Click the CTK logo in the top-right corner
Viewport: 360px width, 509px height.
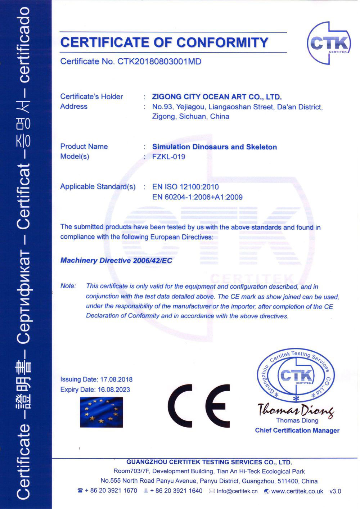click(328, 43)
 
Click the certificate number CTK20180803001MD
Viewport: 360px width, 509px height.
click(159, 62)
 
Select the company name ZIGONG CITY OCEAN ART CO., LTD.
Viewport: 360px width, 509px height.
click(217, 96)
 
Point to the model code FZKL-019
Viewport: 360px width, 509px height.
click(168, 157)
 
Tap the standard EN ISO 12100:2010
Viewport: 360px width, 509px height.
click(185, 187)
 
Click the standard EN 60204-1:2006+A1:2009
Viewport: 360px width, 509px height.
click(197, 197)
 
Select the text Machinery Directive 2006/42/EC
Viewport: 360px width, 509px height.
click(116, 260)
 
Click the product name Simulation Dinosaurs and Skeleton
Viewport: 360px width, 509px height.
click(215, 147)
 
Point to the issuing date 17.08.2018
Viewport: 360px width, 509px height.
click(116, 379)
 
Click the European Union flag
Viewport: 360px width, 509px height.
click(102, 412)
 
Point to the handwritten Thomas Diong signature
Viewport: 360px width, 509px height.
click(296, 410)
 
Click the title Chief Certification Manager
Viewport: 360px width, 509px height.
click(297, 430)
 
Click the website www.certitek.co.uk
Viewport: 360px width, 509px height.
click(297, 491)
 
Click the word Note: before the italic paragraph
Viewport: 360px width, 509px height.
click(68, 286)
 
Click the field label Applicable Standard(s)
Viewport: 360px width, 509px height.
click(98, 186)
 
